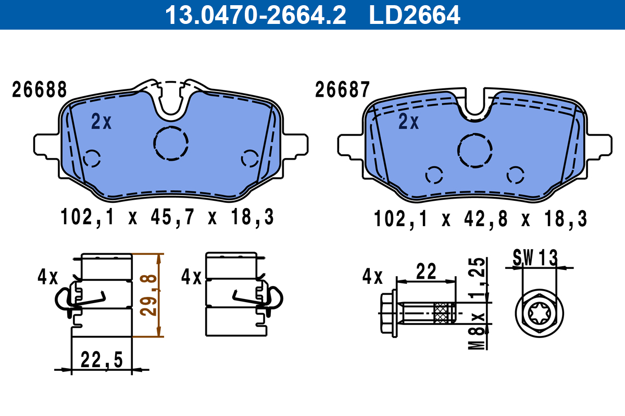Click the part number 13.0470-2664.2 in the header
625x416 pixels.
255,15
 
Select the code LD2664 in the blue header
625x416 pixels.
415,15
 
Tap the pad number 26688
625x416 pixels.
40,90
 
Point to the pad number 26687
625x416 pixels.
342,90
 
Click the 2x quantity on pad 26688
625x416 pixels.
101,122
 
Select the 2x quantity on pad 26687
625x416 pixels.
409,122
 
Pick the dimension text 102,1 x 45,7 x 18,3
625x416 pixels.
167,217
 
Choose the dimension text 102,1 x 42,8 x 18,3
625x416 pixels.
480,219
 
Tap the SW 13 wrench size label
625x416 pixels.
535,257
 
